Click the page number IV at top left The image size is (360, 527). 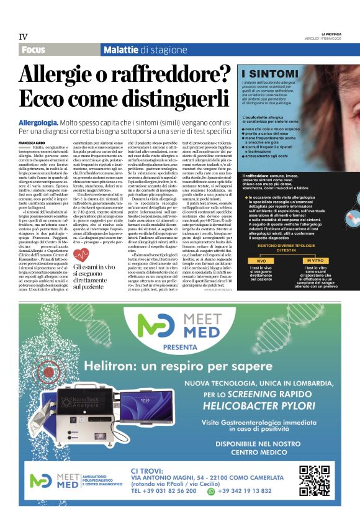pos(23,37)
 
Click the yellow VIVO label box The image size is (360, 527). pos(261,261)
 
